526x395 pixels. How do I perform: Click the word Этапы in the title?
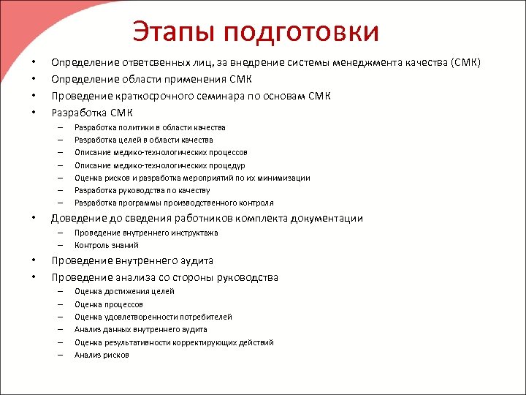coord(174,31)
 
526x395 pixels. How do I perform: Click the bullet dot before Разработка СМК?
coord(34,113)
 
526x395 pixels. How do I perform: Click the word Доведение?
coord(80,218)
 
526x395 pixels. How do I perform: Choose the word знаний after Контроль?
coord(124,245)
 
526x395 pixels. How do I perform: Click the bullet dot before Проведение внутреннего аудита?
coord(34,260)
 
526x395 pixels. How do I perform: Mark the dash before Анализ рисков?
coord(61,355)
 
